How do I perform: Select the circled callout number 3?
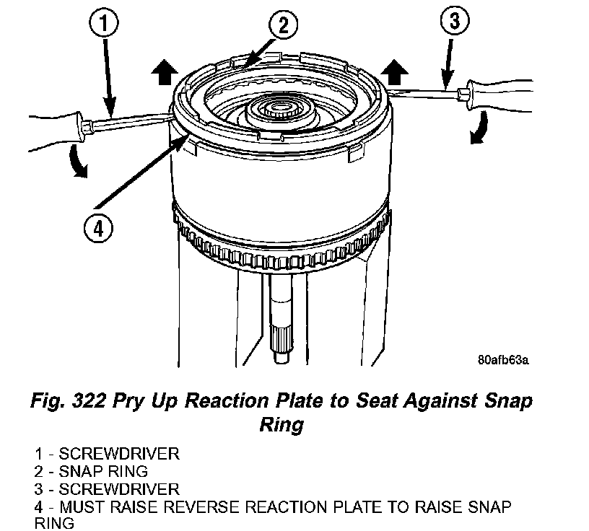click(454, 22)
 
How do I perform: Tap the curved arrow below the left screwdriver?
click(79, 161)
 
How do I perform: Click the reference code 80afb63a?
click(502, 359)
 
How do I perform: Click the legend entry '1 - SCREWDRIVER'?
click(106, 455)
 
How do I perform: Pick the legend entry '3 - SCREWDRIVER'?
click(106, 489)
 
